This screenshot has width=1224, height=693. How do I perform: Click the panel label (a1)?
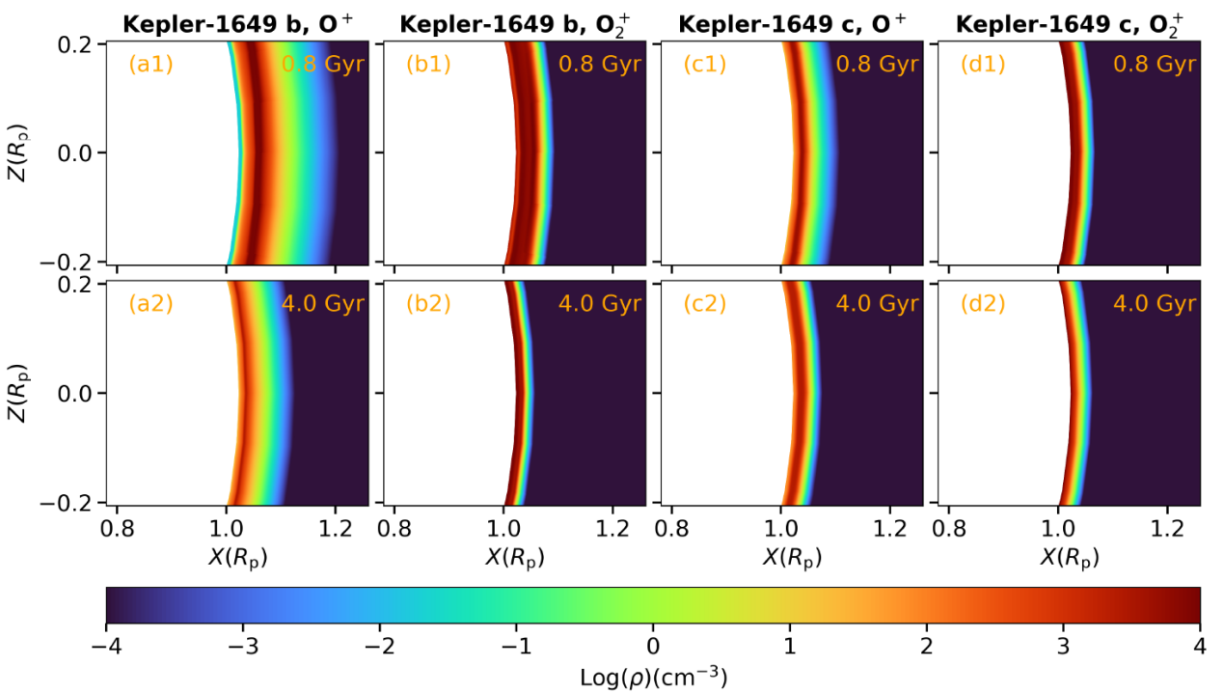coord(150,66)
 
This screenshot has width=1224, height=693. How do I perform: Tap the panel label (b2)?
coord(428,303)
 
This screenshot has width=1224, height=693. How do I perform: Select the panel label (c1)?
coord(705,66)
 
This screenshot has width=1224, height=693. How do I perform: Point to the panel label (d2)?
coord(983,303)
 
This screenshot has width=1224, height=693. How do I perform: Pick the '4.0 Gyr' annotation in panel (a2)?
coord(323,304)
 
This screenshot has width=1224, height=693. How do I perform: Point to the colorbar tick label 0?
coord(653,645)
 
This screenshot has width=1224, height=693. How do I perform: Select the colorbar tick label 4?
coord(1200,645)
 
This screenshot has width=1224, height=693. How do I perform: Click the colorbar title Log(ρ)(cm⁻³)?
coord(653,676)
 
